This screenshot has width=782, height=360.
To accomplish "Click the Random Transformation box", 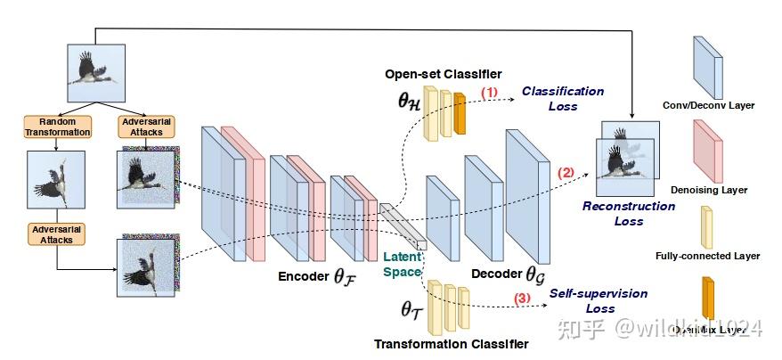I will [57, 127].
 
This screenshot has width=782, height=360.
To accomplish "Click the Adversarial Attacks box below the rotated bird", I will [57, 233].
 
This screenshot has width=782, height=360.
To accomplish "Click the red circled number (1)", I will [490, 92].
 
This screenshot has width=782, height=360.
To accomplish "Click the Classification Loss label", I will [562, 98].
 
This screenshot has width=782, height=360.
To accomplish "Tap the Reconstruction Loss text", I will [629, 213].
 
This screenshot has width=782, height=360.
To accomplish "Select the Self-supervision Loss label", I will [598, 300].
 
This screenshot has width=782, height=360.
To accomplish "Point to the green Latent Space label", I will [402, 264].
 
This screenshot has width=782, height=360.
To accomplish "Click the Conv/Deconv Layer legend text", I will [721, 105].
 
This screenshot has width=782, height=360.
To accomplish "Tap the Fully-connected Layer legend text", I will [720, 256].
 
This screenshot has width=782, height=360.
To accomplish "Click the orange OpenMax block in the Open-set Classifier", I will [460, 112].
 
